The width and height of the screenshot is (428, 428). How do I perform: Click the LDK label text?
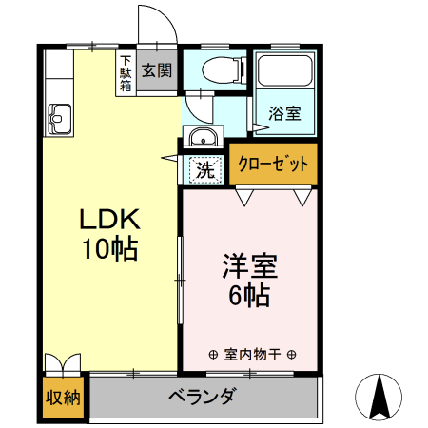click(x=108, y=220)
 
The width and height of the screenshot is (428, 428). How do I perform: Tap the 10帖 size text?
click(x=108, y=250)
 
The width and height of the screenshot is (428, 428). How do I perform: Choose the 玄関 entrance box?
click(x=157, y=70)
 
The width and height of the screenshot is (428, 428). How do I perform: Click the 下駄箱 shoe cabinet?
click(x=126, y=72)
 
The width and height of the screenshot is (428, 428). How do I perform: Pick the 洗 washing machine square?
click(x=204, y=171)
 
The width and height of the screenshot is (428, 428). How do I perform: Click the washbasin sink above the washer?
click(x=202, y=139)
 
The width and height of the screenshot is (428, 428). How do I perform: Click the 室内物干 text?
click(x=251, y=354)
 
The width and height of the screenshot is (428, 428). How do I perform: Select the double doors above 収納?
click(x=64, y=367)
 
